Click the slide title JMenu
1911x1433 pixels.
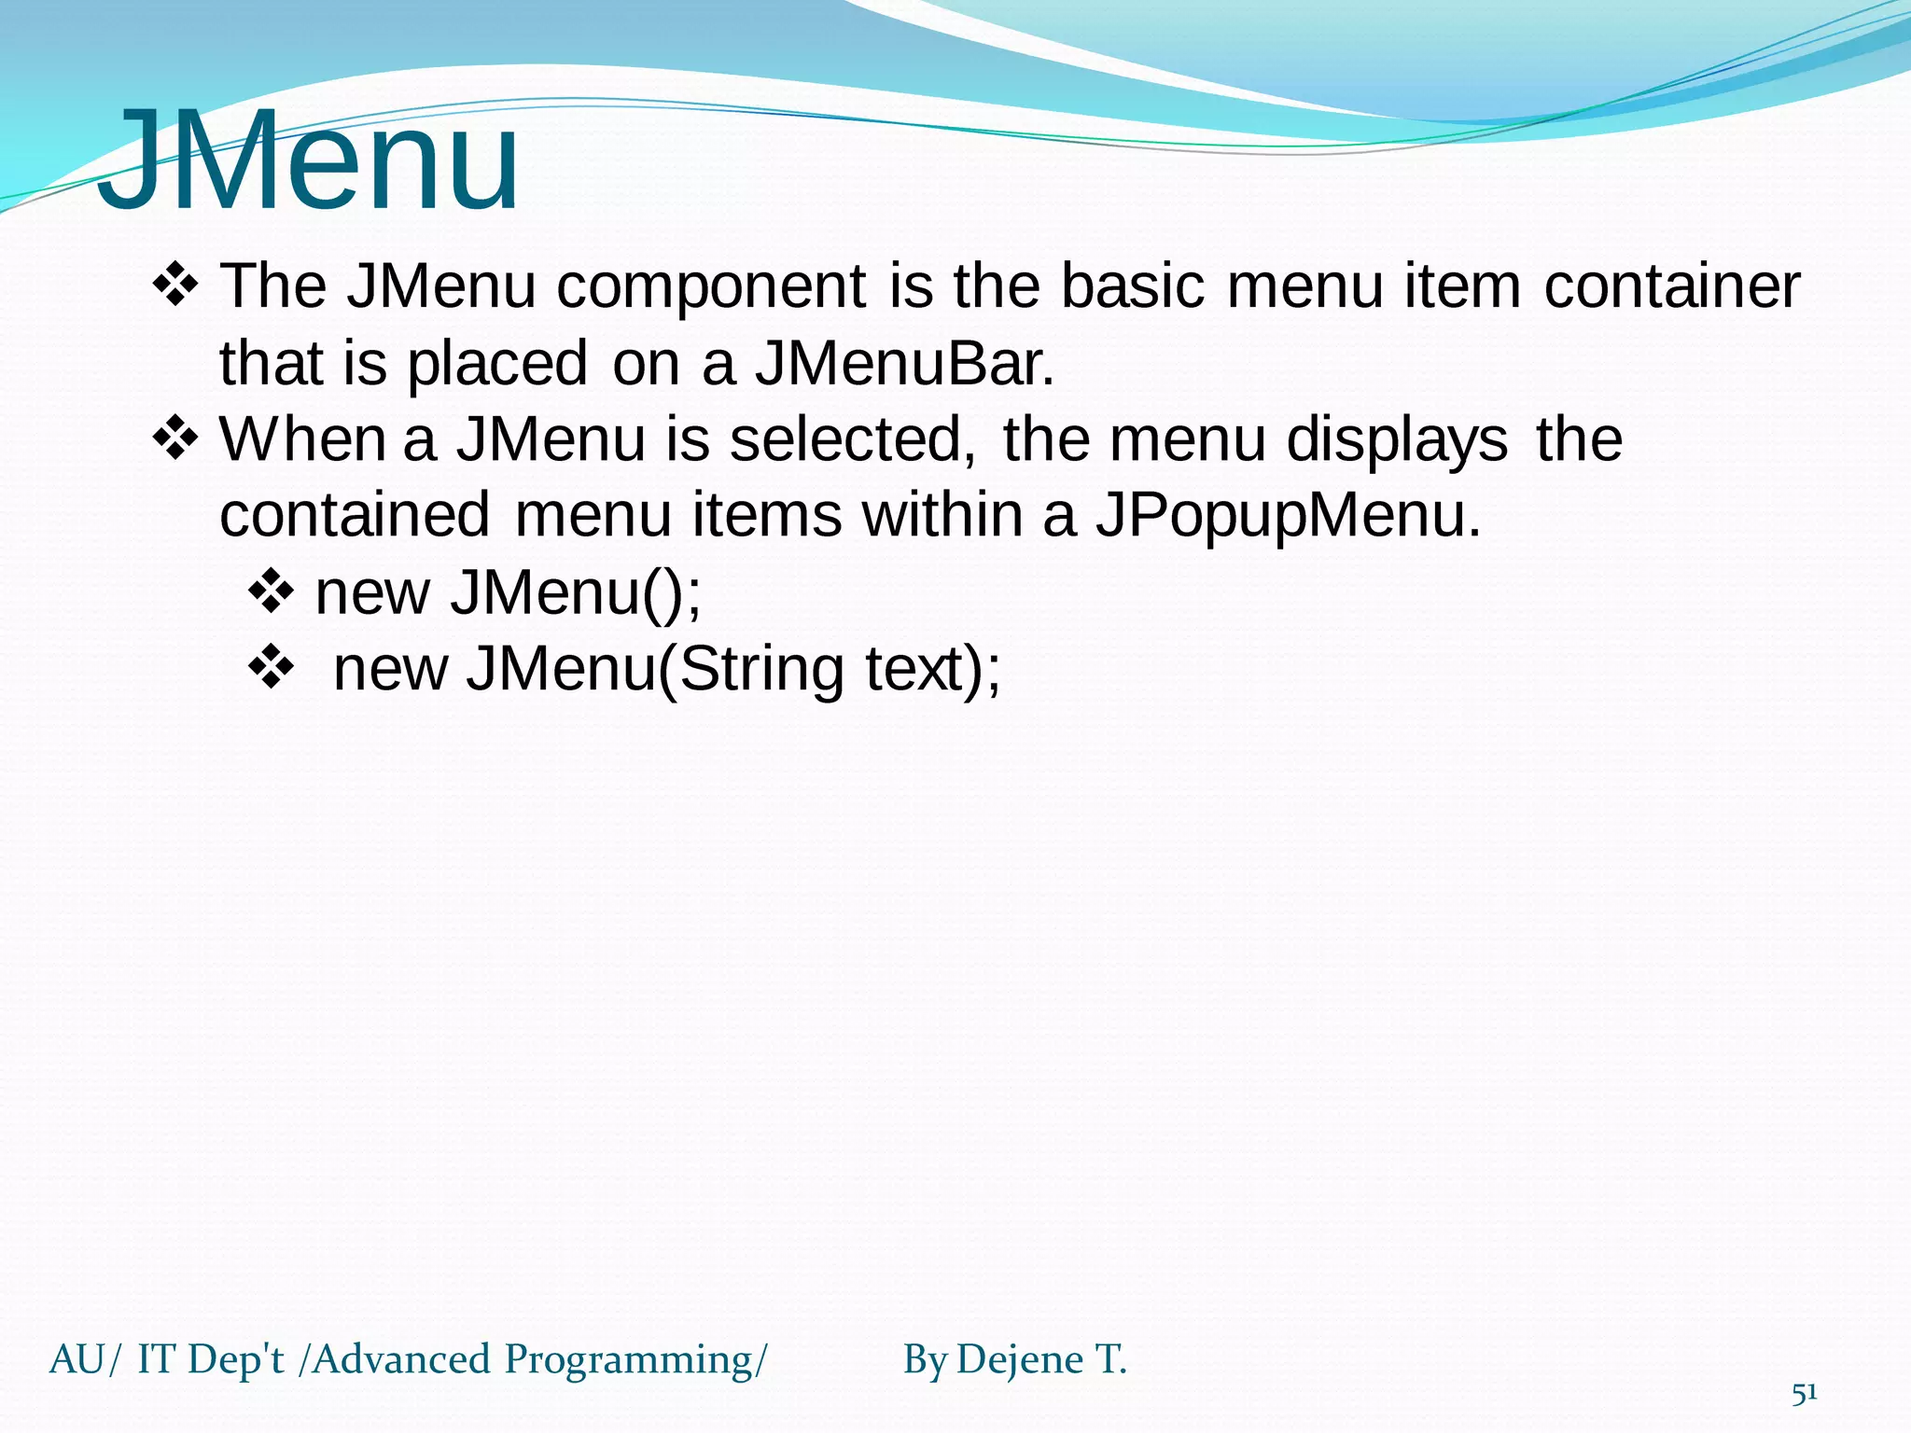coord(308,160)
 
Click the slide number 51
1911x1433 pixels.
coord(1804,1394)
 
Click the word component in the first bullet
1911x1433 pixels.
coord(711,287)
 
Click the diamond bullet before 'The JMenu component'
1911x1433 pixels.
coord(175,285)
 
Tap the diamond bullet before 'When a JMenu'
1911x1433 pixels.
coord(175,438)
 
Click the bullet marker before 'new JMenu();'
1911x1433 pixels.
coord(272,591)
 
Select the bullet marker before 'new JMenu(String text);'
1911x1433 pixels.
coord(272,668)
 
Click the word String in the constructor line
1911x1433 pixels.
coord(761,670)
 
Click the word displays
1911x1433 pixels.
coord(1397,440)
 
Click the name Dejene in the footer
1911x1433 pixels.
coord(1019,1360)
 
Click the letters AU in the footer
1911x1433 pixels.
coord(77,1360)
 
